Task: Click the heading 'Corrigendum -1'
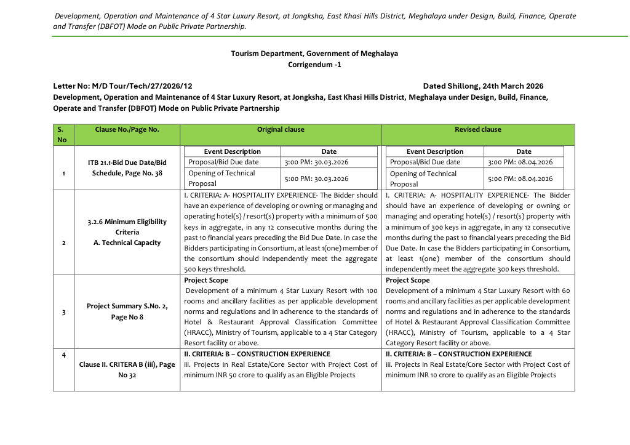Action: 314,65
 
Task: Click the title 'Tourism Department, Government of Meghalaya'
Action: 314,54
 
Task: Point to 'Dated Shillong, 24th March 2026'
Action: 483,86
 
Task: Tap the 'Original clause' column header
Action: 281,130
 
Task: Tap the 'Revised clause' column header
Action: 478,130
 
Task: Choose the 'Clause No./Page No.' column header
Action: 127,130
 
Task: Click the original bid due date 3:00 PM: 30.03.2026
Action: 316,162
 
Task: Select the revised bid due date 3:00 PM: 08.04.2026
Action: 520,162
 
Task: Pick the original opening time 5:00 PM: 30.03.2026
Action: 316,179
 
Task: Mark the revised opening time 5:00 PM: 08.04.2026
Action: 520,179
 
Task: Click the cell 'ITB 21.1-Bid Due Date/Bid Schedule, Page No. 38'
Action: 127,168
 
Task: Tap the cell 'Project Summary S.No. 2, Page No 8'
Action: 127,311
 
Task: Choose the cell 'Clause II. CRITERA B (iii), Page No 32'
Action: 127,369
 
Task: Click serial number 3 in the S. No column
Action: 63,312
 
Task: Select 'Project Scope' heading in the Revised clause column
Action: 407,281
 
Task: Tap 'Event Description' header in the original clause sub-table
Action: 232,151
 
